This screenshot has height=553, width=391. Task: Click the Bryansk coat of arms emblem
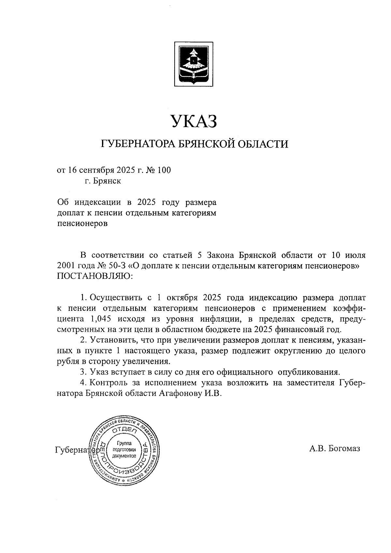[194, 64]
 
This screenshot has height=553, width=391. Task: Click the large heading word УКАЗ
[194, 122]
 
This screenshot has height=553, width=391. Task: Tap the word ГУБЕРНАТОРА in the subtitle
[138, 144]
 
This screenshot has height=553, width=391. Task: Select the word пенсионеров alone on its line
[82, 224]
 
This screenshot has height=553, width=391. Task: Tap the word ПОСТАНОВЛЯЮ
[95, 276]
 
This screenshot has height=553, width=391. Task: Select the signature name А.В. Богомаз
[335, 449]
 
